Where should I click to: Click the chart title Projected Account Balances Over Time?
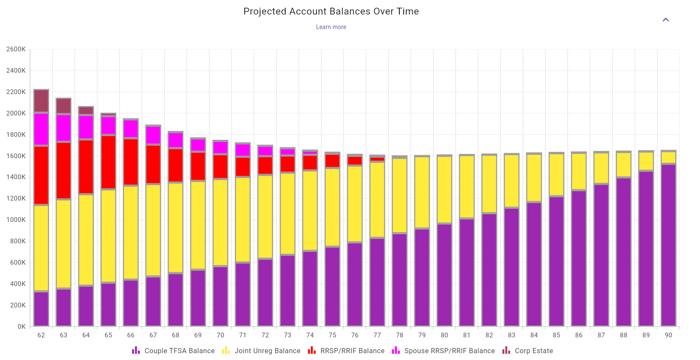(x=331, y=12)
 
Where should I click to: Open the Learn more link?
(x=331, y=27)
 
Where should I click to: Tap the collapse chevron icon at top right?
(x=665, y=20)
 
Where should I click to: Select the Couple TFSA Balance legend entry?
(x=174, y=351)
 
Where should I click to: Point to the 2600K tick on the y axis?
(x=16, y=49)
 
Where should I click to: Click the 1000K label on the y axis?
(x=16, y=220)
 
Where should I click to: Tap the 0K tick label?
(x=21, y=327)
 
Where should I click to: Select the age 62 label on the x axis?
(x=41, y=335)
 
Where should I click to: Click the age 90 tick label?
(x=668, y=335)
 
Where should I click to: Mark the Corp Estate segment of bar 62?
(x=41, y=101)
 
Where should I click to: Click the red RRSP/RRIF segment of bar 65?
(x=108, y=162)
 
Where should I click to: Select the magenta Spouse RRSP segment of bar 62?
(x=41, y=129)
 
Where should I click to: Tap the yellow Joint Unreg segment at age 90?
(x=668, y=157)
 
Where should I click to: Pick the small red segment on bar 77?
(x=377, y=159)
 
